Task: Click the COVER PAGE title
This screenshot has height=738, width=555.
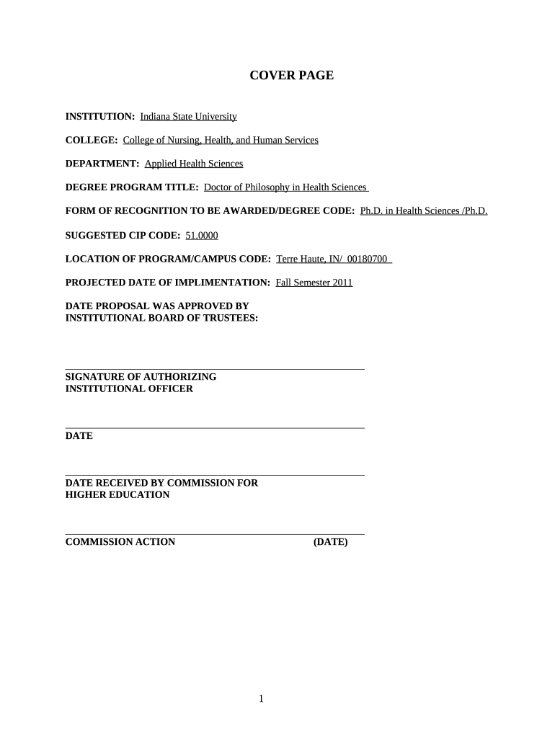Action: pos(291,75)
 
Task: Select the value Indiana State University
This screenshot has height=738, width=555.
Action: pos(188,116)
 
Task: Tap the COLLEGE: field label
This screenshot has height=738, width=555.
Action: pos(92,140)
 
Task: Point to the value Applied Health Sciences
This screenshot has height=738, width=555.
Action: pos(194,164)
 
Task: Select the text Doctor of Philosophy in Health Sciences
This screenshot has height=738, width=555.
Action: pos(285,187)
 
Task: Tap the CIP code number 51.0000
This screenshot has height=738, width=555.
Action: pos(202,236)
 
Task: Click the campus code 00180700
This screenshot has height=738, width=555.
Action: pos(367,259)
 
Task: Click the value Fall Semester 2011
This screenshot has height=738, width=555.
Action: pos(314,283)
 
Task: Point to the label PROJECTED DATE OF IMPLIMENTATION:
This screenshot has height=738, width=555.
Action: pos(168,283)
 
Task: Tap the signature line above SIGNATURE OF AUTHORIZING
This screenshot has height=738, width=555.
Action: pos(215,369)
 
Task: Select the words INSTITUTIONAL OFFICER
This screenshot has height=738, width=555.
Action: pos(129,388)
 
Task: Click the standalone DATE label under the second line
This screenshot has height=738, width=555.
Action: pos(79,436)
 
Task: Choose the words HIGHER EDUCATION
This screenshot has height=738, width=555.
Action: pos(117,495)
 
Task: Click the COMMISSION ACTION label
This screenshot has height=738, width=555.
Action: pos(120,542)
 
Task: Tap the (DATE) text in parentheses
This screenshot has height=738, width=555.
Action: pos(330,542)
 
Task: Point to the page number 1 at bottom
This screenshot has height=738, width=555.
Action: pos(262,698)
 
